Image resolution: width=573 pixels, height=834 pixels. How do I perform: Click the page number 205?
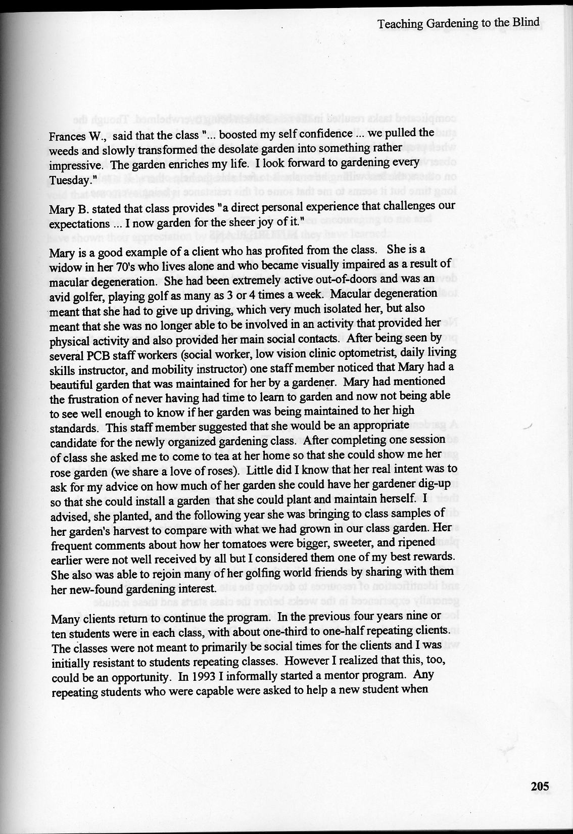(x=540, y=786)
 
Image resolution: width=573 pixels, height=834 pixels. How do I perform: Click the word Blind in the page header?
(x=526, y=22)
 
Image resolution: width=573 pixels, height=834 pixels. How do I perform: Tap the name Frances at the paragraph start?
(x=66, y=136)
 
